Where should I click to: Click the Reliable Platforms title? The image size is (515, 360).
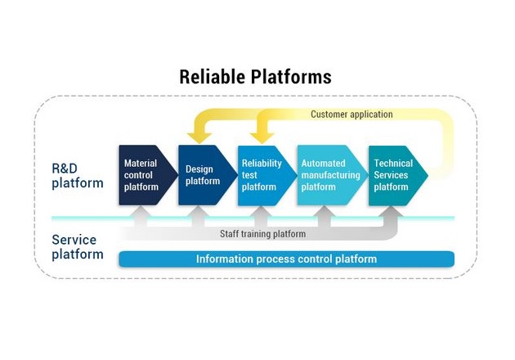[255, 77]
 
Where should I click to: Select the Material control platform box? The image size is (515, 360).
[148, 175]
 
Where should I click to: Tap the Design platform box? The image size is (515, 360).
[208, 175]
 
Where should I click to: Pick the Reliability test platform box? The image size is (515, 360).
[267, 176]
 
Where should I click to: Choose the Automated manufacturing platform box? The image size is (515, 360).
[333, 175]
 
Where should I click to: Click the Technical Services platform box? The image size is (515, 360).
[398, 176]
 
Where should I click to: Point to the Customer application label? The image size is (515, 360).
[352, 115]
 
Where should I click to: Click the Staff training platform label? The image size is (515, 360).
[262, 234]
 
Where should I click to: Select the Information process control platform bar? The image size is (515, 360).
[286, 259]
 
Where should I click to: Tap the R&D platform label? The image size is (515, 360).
[78, 176]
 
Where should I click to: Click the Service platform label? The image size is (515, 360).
[78, 247]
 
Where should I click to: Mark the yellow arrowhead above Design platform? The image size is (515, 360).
[199, 137]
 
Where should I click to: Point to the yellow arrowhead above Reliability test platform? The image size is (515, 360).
[262, 137]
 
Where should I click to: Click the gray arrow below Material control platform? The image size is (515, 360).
[141, 217]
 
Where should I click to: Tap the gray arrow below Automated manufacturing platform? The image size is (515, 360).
[325, 217]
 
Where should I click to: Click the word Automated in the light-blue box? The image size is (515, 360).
[323, 164]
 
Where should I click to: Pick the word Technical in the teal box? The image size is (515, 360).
[393, 164]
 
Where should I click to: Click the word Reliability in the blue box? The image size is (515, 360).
[262, 164]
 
